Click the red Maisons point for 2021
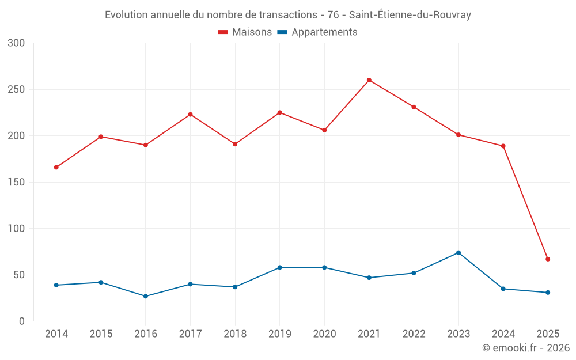pyautogui.click(x=369, y=80)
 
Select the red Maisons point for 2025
pyautogui.click(x=548, y=259)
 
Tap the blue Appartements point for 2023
pyautogui.click(x=458, y=253)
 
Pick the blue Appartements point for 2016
pyautogui.click(x=146, y=296)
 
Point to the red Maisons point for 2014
pyautogui.click(x=56, y=168)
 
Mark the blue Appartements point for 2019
pyautogui.click(x=280, y=267)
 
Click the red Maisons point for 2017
pyautogui.click(x=191, y=115)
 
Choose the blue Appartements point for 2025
pyautogui.click(x=548, y=293)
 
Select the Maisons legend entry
pyautogui.click(x=245, y=32)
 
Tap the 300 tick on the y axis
pyautogui.click(x=17, y=43)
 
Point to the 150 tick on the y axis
pyautogui.click(x=17, y=183)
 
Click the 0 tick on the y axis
pyautogui.click(x=22, y=321)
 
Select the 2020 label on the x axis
pyautogui.click(x=324, y=334)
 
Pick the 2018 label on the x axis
pyautogui.click(x=235, y=334)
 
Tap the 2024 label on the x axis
pyautogui.click(x=503, y=334)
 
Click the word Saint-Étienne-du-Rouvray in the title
pyautogui.click(x=410, y=15)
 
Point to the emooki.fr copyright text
pyautogui.click(x=525, y=348)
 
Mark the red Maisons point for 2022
pyautogui.click(x=414, y=107)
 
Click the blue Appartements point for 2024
pyautogui.click(x=503, y=289)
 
